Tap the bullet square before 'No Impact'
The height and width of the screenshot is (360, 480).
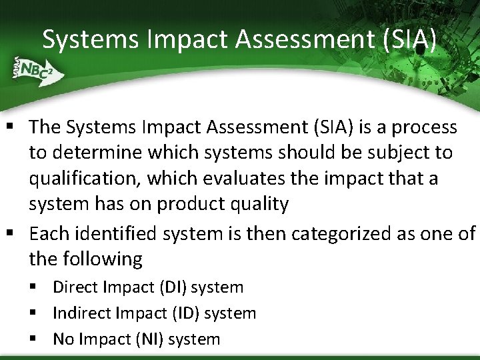tap(34, 339)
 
